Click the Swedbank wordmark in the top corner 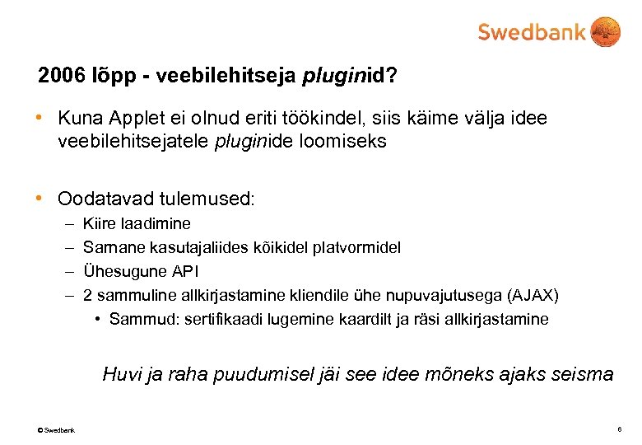point(532,32)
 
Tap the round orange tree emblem point(606,32)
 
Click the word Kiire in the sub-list point(99,223)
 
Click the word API point(185,271)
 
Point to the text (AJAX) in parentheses point(533,295)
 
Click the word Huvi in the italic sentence point(120,375)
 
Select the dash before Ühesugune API point(67,271)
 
